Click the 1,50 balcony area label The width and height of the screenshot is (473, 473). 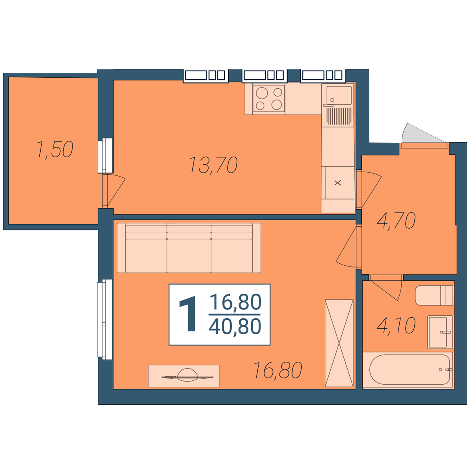(55, 149)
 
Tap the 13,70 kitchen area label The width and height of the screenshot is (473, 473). (213, 165)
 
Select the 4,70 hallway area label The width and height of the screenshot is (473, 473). (396, 221)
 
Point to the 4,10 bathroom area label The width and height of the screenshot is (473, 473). (396, 326)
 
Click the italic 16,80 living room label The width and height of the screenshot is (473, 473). (277, 370)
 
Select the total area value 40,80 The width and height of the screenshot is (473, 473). (235, 326)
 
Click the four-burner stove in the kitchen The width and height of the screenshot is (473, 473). (269, 99)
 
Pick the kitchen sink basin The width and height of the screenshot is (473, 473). (339, 95)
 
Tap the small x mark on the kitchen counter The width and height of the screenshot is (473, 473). (338, 182)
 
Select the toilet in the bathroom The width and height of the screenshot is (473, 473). (434, 295)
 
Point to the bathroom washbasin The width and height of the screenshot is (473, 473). (440, 332)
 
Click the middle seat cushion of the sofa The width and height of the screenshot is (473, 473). (189, 248)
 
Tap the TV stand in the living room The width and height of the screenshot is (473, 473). (184, 376)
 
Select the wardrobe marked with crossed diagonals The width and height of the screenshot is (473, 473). (339, 343)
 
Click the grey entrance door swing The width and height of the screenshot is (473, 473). (423, 133)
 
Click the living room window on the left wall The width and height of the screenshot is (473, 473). (105, 319)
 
